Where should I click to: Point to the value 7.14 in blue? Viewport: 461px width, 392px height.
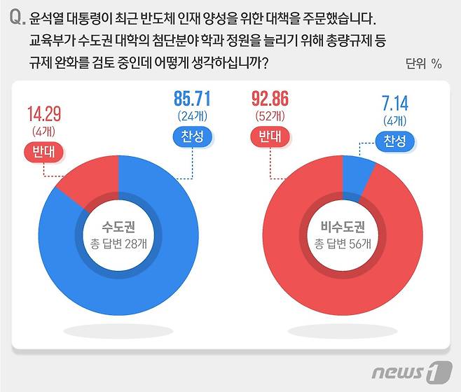pyautogui.click(x=394, y=105)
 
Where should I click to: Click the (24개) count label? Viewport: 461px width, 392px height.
pyautogui.click(x=191, y=115)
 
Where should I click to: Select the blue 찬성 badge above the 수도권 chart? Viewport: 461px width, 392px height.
pyautogui.click(x=191, y=137)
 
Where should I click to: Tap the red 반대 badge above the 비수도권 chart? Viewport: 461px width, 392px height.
pyautogui.click(x=267, y=137)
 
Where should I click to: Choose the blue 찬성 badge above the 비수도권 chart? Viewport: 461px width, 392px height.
pyautogui.click(x=394, y=142)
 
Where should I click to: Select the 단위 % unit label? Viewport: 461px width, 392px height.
pyautogui.click(x=423, y=64)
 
